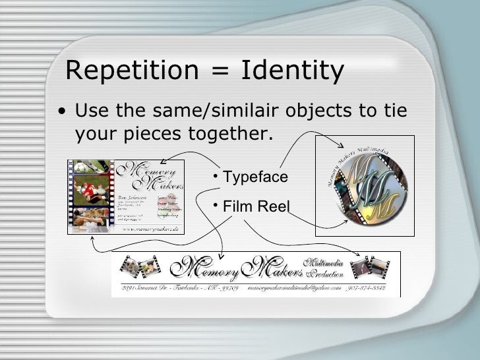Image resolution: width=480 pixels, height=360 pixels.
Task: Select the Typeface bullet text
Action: (255, 177)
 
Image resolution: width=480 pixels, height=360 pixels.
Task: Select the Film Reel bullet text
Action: (256, 207)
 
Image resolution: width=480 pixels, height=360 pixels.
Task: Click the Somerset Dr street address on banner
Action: (178, 289)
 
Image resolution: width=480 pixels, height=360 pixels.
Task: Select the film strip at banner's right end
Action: (373, 268)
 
